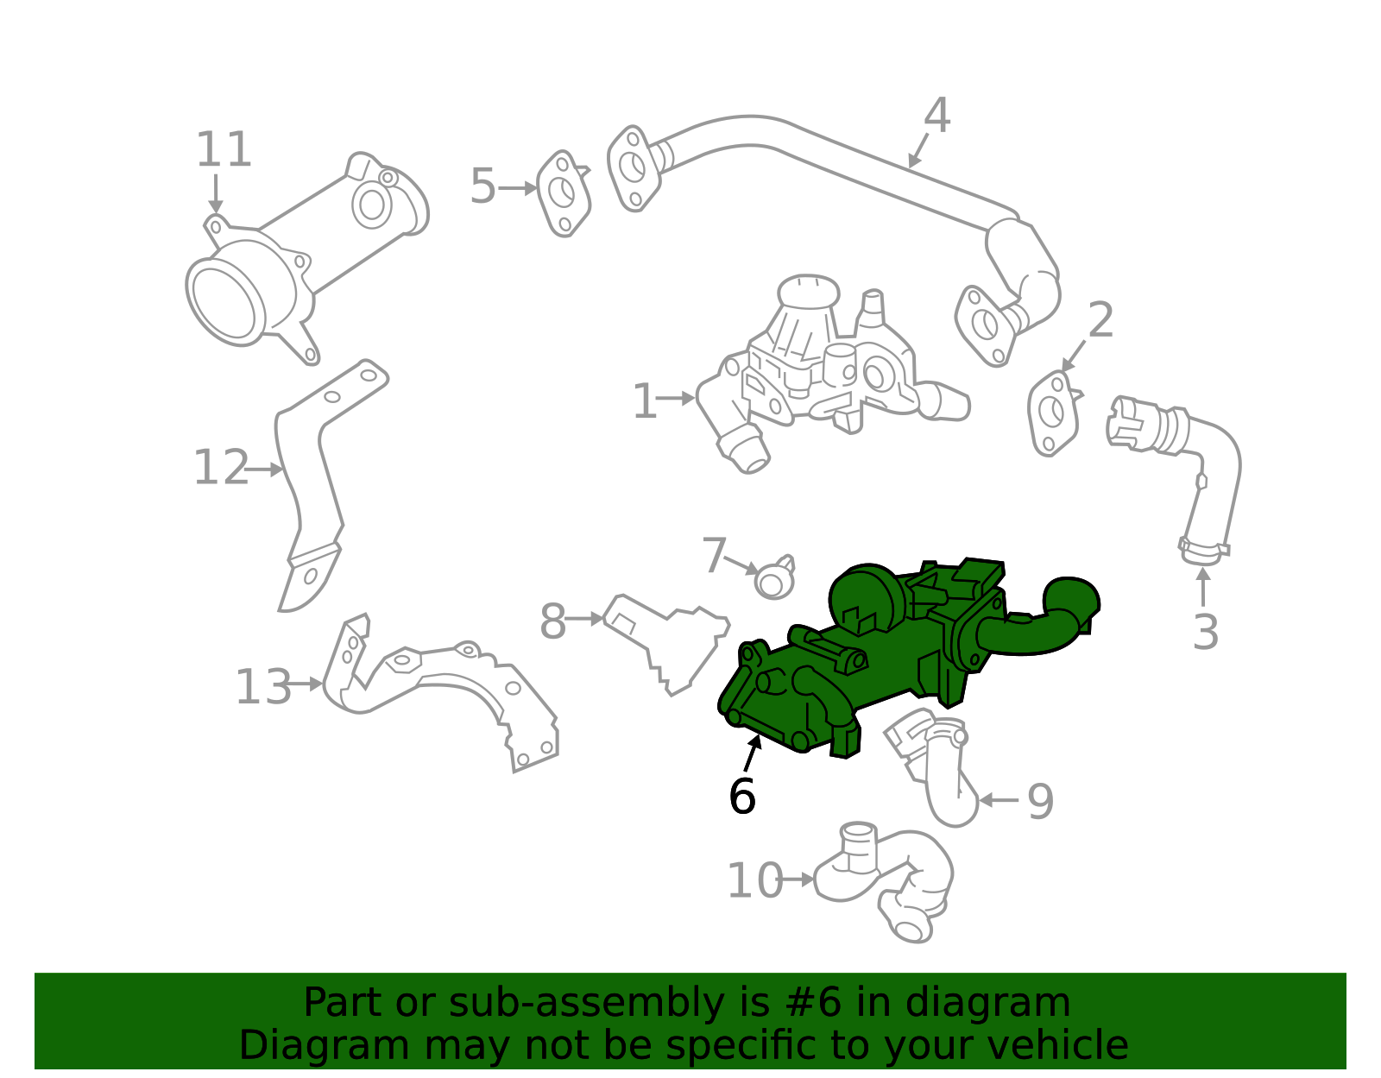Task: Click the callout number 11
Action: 224,150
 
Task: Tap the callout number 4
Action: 936,116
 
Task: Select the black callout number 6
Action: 741,796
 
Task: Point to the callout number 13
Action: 263,688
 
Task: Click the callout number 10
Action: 754,881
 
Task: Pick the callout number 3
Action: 1205,633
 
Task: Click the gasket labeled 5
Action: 563,193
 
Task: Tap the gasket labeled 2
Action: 1052,413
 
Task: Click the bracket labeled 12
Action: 311,483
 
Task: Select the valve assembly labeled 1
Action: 829,371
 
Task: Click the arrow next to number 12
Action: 265,470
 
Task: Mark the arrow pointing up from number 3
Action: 1202,586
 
